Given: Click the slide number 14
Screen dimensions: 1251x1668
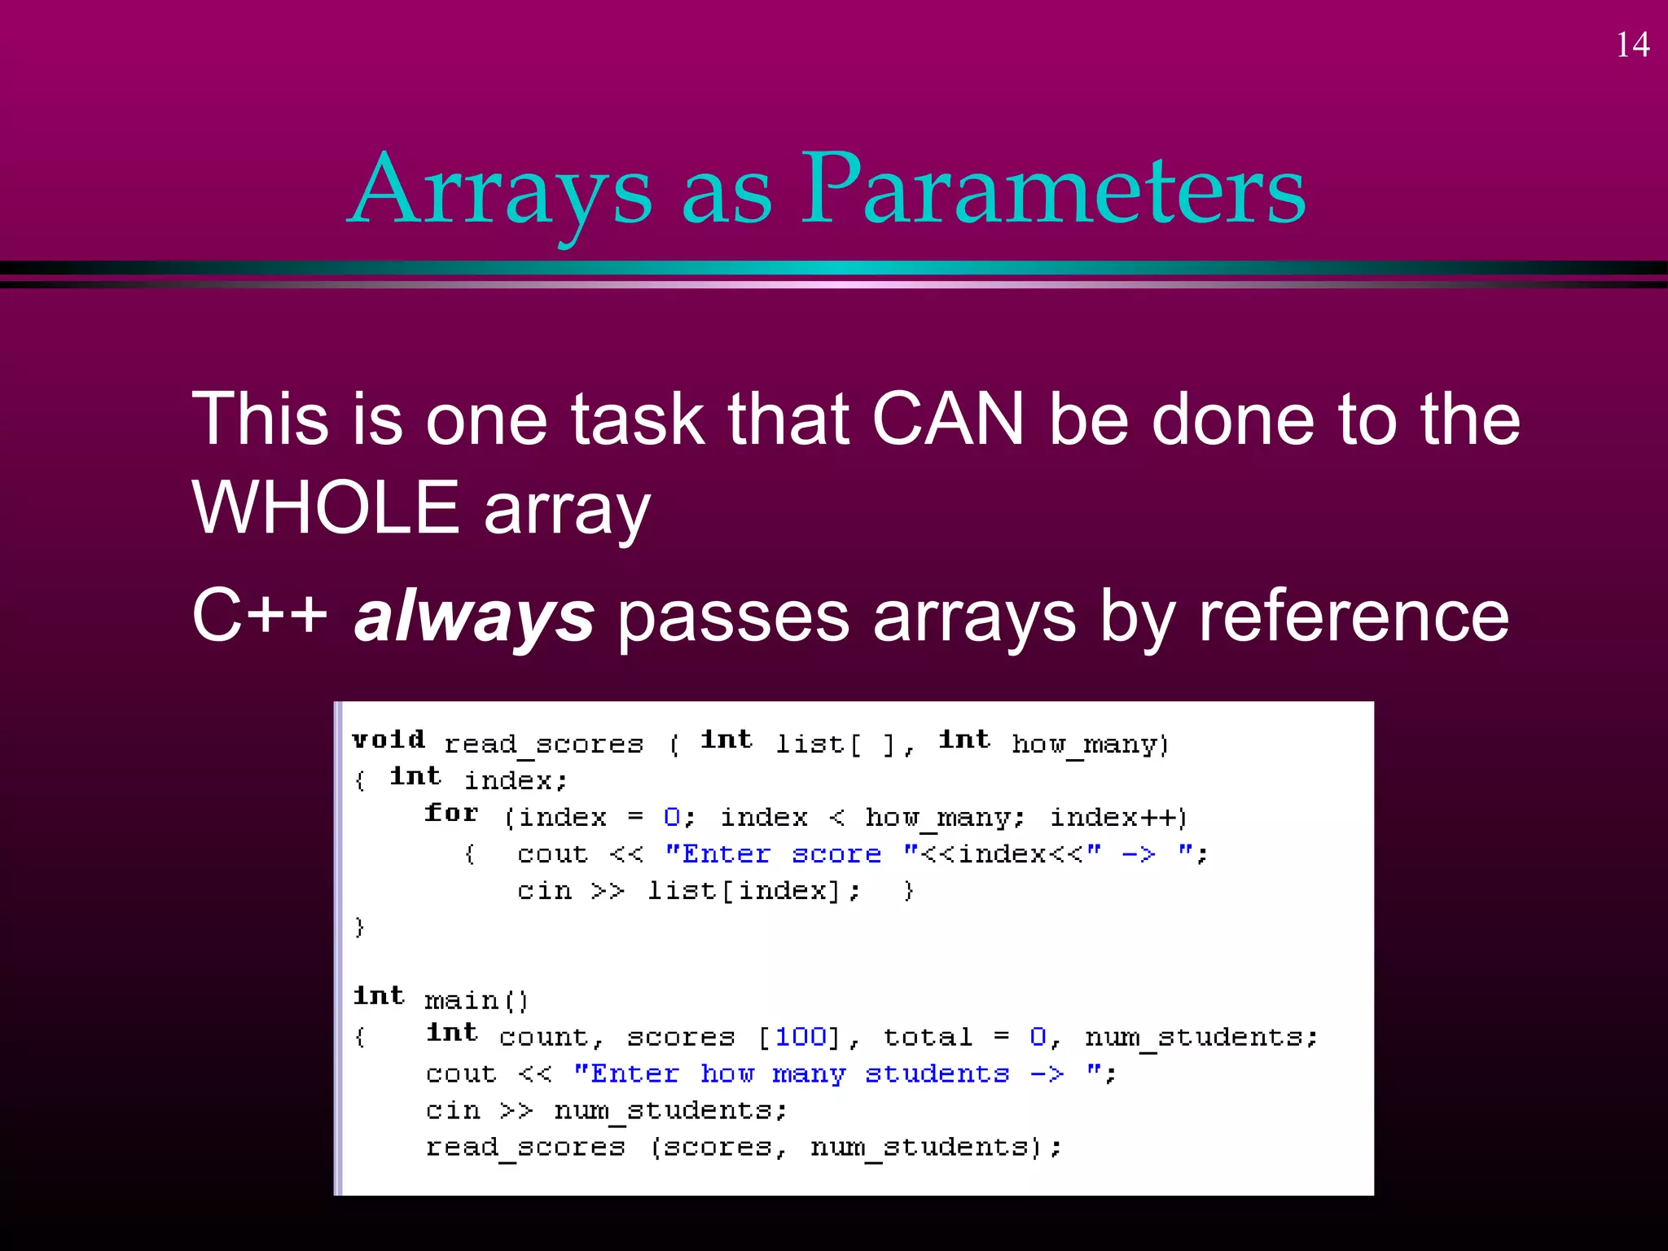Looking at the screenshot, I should (1632, 46).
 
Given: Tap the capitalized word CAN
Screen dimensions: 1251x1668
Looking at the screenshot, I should (947, 419).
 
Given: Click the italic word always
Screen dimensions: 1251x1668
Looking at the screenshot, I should (474, 616).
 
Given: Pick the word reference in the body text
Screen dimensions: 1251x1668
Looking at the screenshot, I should (1353, 616).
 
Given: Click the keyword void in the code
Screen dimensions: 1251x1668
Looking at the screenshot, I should (388, 740).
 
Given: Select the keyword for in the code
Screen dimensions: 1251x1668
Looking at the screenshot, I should (451, 813).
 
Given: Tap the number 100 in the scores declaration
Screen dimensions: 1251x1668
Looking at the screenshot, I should (801, 1036).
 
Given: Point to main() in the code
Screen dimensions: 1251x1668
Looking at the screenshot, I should (476, 1000).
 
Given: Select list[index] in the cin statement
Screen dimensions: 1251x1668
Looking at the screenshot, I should (743, 891).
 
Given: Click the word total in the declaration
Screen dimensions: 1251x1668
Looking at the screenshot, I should (928, 1037).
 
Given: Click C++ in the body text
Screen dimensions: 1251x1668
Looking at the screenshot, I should (259, 616).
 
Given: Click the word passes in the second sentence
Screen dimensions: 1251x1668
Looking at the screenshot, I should (733, 617).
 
